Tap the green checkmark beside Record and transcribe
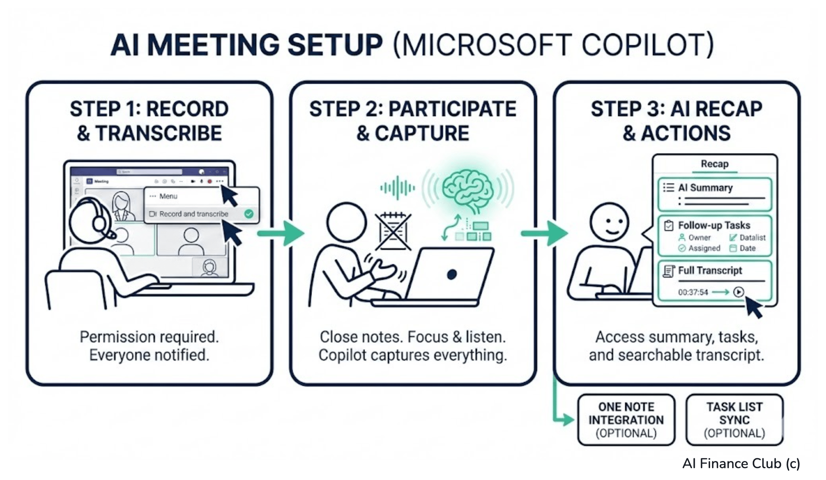point(249,214)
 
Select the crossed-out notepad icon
point(393,232)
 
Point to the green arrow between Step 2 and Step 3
point(544,233)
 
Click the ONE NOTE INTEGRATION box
point(626,420)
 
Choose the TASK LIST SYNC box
point(734,420)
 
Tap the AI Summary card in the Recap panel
point(714,194)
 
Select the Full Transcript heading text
point(710,270)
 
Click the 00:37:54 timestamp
point(693,292)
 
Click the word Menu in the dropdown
point(168,196)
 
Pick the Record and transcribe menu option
point(194,214)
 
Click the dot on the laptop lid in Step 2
point(452,274)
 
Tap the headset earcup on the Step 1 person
point(99,223)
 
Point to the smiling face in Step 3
point(609,222)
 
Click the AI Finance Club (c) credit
point(741,463)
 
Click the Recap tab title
point(714,164)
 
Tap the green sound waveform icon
point(397,188)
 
